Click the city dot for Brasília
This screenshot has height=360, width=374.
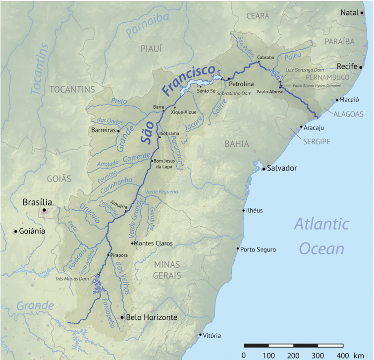[x=44, y=210]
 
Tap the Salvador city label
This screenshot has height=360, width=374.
[x=282, y=168]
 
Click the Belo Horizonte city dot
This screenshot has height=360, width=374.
[x=122, y=317]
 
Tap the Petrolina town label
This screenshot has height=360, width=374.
[x=241, y=84]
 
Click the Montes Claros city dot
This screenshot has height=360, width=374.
[x=132, y=243]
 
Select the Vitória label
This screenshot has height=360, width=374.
[x=212, y=336]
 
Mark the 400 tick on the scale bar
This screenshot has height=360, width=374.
[x=342, y=355]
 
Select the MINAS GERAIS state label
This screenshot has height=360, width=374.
[x=167, y=269]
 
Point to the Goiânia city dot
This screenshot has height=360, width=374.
[x=15, y=231]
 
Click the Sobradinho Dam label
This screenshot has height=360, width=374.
[x=234, y=93]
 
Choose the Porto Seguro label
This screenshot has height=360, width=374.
[x=258, y=249]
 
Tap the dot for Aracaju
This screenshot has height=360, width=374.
[x=301, y=127]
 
